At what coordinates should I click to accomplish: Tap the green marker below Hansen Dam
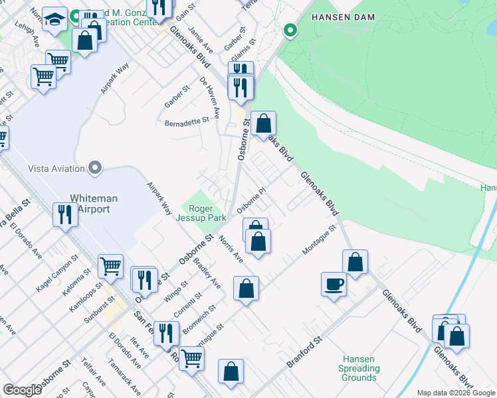[290, 30]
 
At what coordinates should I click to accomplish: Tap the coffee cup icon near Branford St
[334, 284]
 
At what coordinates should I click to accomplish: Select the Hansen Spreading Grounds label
[359, 368]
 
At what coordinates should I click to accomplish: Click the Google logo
[22, 390]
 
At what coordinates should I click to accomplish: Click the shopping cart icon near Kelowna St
[110, 266]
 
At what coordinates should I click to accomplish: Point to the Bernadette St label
[187, 121]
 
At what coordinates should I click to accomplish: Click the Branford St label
[304, 352]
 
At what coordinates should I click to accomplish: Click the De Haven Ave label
[210, 94]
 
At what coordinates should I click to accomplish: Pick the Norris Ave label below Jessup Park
[231, 249]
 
